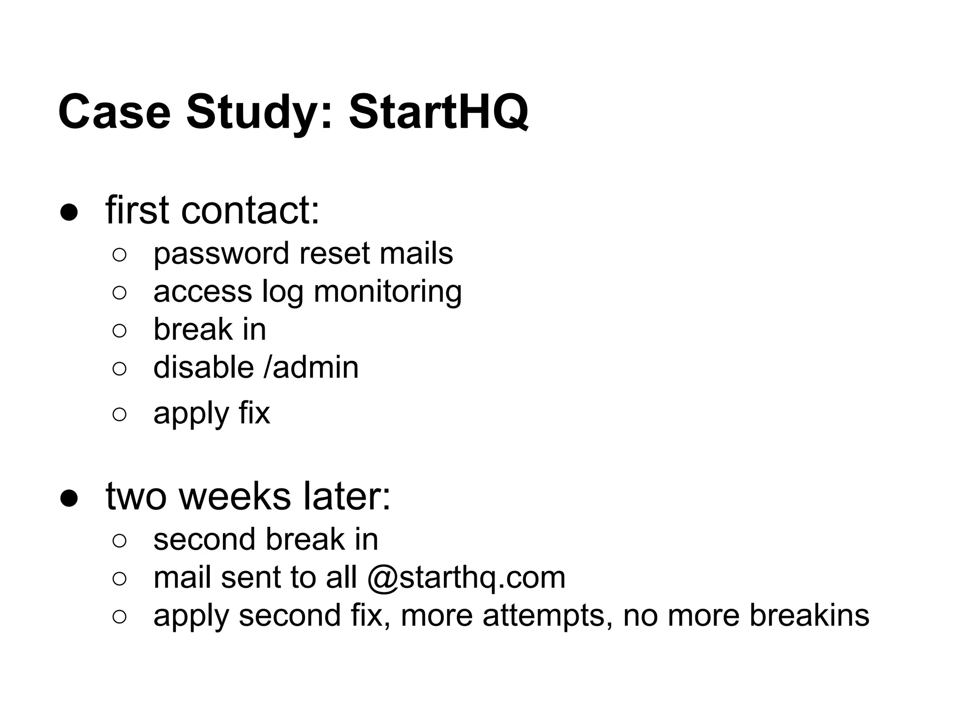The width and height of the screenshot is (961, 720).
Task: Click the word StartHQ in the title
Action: click(438, 112)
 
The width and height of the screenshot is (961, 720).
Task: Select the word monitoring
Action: click(388, 292)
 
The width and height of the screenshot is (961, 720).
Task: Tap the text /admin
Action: click(311, 367)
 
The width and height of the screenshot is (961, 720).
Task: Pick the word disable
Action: click(204, 367)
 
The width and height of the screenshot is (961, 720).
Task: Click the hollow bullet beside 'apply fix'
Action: click(120, 414)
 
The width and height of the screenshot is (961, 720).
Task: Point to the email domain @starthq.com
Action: click(466, 577)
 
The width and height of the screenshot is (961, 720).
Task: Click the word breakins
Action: click(809, 615)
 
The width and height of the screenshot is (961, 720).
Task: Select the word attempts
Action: click(548, 616)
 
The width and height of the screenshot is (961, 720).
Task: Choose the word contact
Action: click(250, 210)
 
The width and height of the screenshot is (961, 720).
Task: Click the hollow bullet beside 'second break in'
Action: click(120, 540)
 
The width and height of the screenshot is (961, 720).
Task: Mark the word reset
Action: click(335, 254)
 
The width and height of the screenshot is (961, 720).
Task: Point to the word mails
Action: click(416, 254)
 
